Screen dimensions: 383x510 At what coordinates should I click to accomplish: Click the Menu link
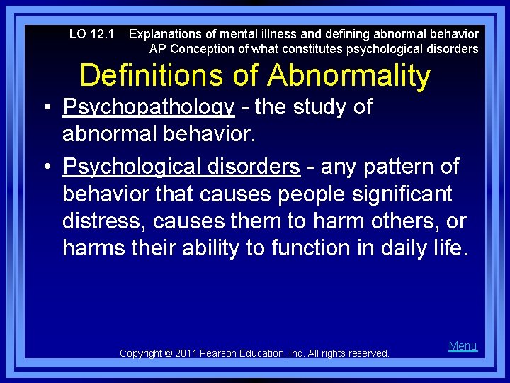(x=463, y=346)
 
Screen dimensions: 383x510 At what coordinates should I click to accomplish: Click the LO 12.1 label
(x=91, y=34)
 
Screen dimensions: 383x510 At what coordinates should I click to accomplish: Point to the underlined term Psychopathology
(x=148, y=107)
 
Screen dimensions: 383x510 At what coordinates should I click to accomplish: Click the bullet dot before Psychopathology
(x=45, y=109)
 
